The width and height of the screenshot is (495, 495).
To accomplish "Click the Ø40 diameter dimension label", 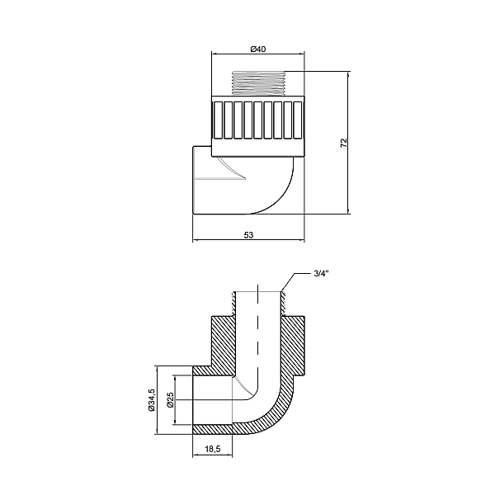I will click(259, 49).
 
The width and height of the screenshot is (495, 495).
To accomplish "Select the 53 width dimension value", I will click(249, 235).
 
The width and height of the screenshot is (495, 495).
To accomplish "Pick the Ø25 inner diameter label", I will click(169, 400).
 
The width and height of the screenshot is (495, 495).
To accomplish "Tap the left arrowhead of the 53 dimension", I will click(196, 242).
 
